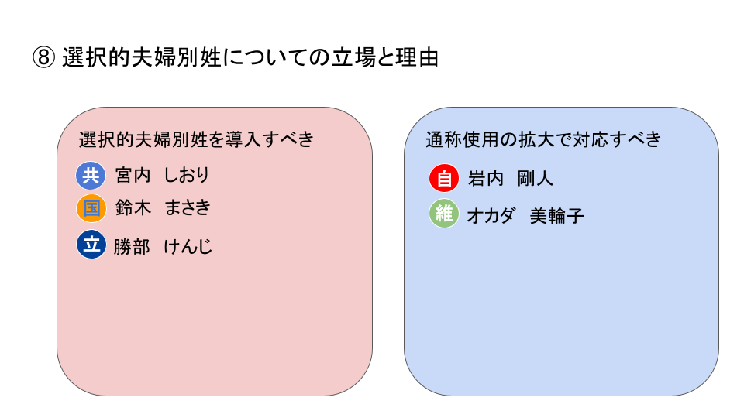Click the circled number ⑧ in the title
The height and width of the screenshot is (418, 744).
pos(43,58)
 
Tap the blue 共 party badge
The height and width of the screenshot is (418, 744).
pos(91,176)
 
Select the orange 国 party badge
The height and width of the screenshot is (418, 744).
pos(91,208)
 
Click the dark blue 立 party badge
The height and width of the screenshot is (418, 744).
pos(91,245)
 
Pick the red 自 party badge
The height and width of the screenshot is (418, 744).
pos(443,178)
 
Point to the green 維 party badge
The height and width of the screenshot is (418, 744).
pos(443,214)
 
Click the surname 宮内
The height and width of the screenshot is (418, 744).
pos(133,176)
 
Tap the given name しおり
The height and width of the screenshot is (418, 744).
pos(187,176)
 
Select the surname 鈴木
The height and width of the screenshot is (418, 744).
pos(133,207)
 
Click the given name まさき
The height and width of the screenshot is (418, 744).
pos(188,207)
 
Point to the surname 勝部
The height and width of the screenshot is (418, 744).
pos(132,246)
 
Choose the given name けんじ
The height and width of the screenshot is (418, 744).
pos(188,246)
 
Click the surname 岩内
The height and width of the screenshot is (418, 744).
pos(486,179)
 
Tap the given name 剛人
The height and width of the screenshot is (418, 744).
pos(536,179)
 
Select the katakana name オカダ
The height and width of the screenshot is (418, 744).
pos(491,216)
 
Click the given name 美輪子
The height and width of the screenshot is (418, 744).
pos(557,216)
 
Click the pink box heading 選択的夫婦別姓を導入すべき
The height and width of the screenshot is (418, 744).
pos(196,139)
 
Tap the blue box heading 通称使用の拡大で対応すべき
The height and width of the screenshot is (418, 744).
pos(543,139)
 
